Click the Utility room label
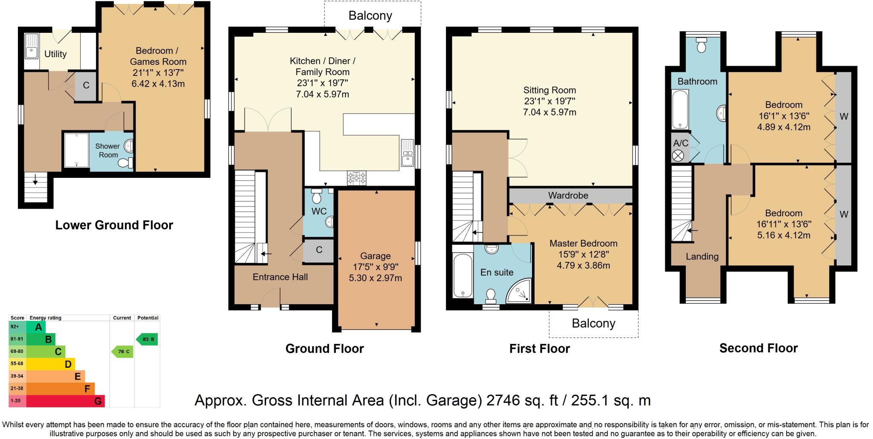click(55, 54)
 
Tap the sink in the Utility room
click(31, 52)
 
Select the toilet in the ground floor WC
click(316, 197)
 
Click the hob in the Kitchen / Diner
click(357, 178)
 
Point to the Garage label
click(375, 256)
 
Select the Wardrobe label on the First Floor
click(568, 195)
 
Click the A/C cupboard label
click(680, 143)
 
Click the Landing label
click(702, 256)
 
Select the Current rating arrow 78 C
click(123, 352)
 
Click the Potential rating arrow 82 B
click(147, 339)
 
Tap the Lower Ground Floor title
click(114, 225)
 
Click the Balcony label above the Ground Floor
click(370, 16)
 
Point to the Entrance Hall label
click(280, 277)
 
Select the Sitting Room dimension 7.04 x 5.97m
click(549, 112)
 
